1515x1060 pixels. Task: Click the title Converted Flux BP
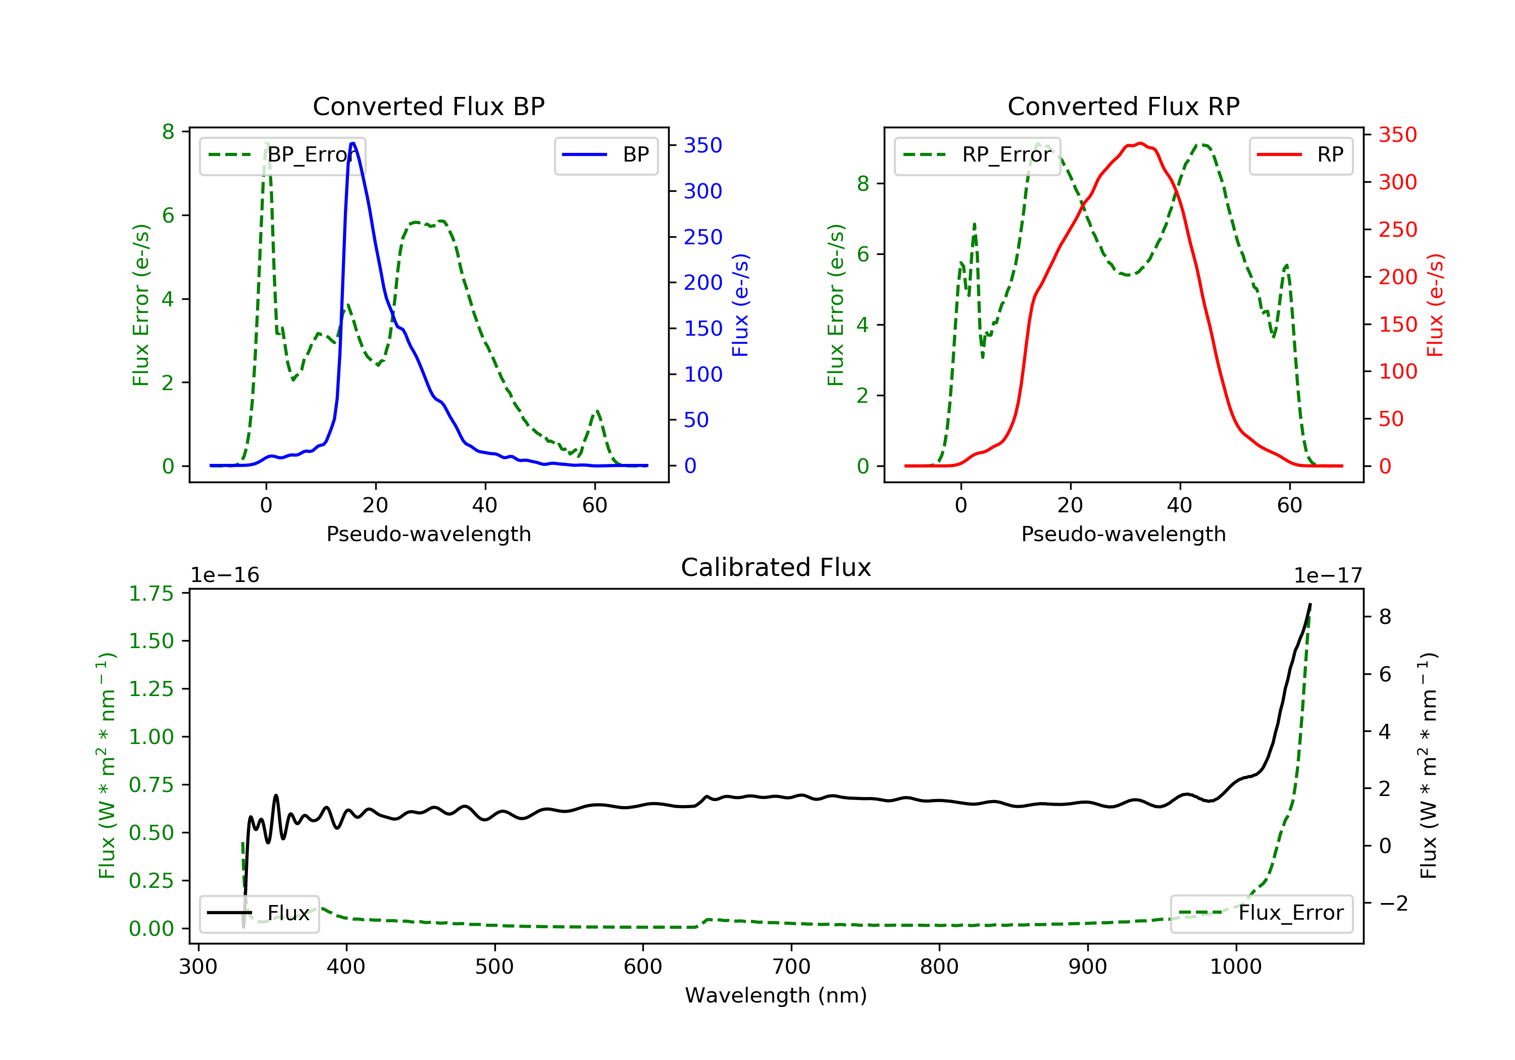429,106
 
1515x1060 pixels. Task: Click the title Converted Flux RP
1124,106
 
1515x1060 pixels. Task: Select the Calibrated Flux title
776,567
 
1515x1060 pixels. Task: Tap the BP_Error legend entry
282,155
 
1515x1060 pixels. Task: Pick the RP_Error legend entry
977,155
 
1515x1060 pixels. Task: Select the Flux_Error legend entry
1261,913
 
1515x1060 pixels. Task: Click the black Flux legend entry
260,913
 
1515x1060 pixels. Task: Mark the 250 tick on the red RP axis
1397,230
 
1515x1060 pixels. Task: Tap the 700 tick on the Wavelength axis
791,967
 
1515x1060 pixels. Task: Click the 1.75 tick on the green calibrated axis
151,594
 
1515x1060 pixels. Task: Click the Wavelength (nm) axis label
776,995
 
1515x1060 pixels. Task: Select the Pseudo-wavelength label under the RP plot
1124,534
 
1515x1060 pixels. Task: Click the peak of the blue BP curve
353,143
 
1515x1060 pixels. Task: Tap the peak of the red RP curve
1140,143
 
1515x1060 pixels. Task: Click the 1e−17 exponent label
1328,576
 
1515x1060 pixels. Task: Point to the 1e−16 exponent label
225,576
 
